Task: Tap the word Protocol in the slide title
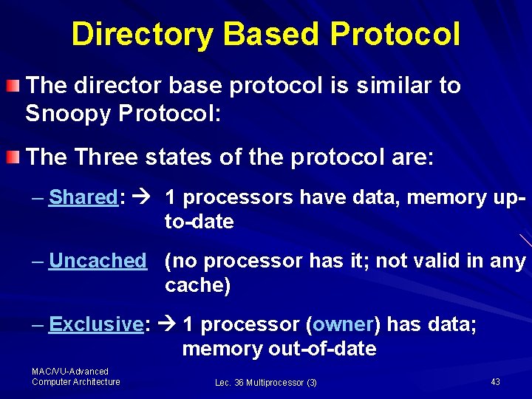pyautogui.click(x=395, y=34)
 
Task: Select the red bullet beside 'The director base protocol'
pyautogui.click(x=13, y=86)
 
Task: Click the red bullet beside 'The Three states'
pyautogui.click(x=13, y=157)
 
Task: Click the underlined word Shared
pyautogui.click(x=83, y=198)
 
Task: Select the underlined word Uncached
pyautogui.click(x=98, y=261)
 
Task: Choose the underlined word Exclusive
pyautogui.click(x=95, y=324)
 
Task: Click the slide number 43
pyautogui.click(x=495, y=381)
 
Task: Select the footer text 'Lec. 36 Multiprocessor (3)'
pyautogui.click(x=266, y=382)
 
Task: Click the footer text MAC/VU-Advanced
pyautogui.click(x=70, y=372)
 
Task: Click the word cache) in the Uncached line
pyautogui.click(x=198, y=286)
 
